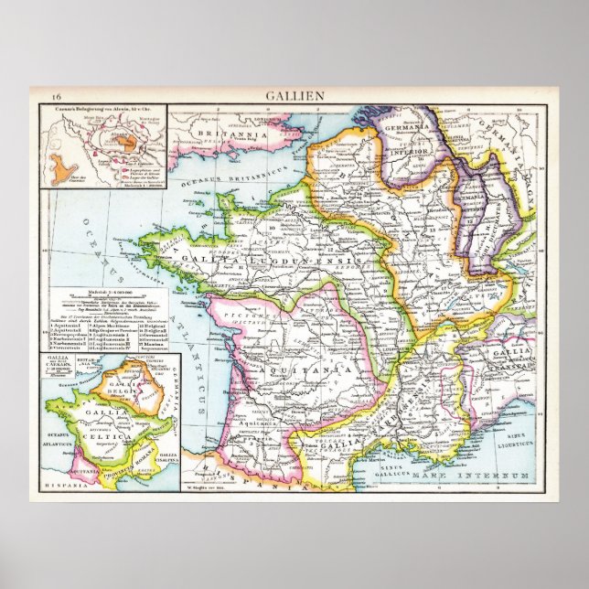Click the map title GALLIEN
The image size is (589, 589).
tap(294, 95)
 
